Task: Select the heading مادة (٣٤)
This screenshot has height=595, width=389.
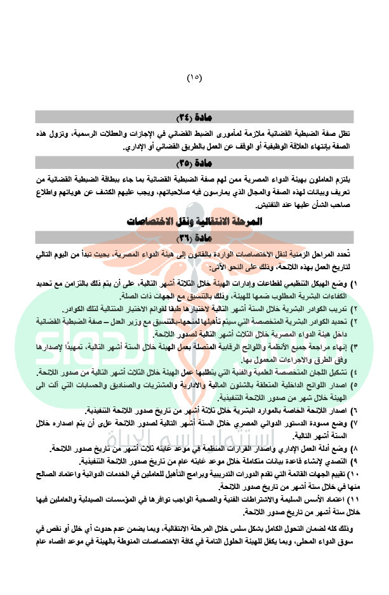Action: tap(195, 117)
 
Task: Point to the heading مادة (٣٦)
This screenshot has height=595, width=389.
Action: tap(195, 237)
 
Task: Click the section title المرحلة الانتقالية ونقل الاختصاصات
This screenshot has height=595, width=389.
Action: tap(195, 222)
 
